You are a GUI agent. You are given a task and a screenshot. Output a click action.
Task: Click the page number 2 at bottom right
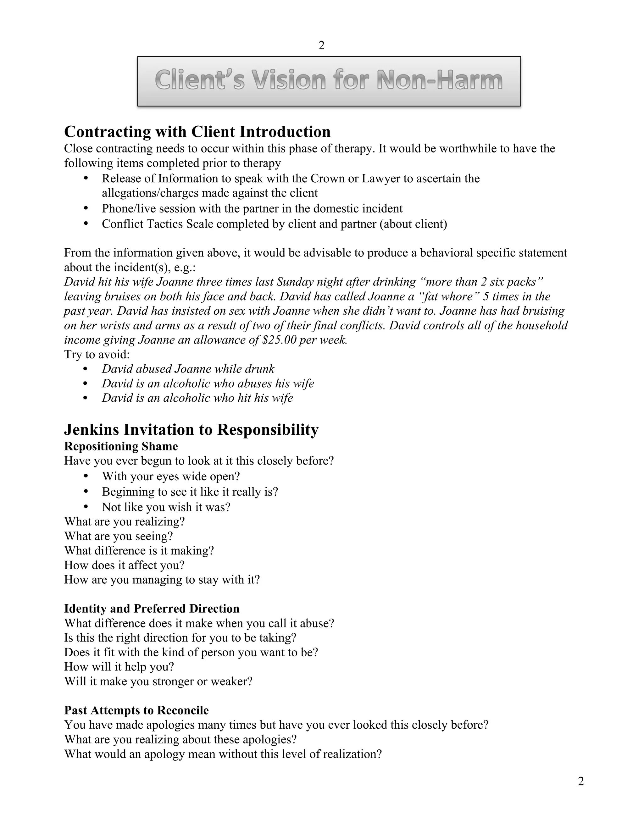[581, 781]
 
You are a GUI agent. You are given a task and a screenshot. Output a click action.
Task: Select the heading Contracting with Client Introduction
[197, 132]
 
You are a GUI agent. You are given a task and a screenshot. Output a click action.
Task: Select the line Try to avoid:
[97, 354]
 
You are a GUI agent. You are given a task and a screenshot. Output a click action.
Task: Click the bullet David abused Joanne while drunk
[188, 369]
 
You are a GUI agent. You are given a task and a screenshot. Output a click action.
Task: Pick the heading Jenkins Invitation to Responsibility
[191, 430]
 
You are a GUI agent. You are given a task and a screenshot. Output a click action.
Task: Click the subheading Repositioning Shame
[121, 446]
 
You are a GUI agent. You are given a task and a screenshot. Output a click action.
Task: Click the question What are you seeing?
[118, 536]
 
